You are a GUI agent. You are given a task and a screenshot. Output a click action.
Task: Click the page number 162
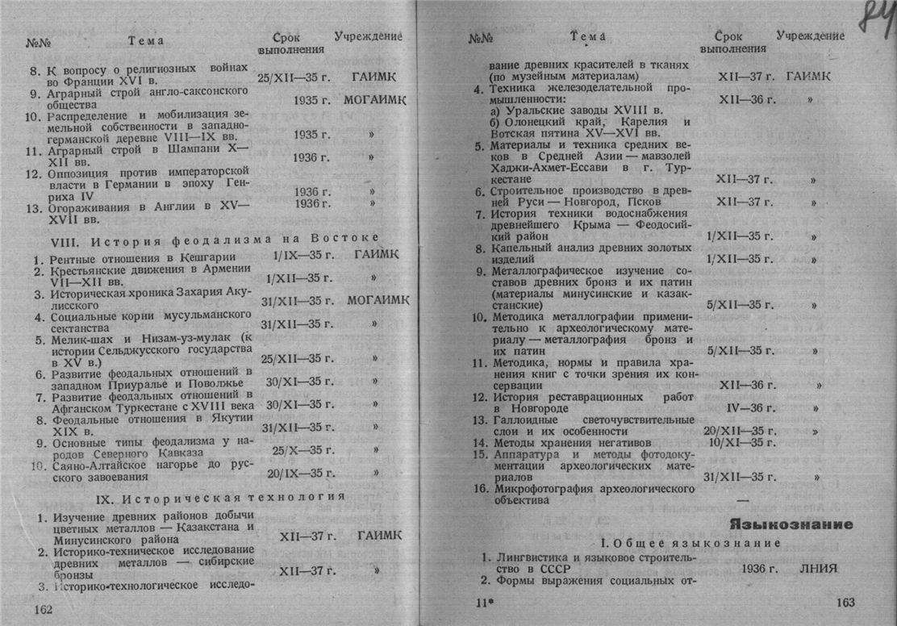click(x=43, y=610)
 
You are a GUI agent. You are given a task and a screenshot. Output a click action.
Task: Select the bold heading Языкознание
click(x=791, y=524)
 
